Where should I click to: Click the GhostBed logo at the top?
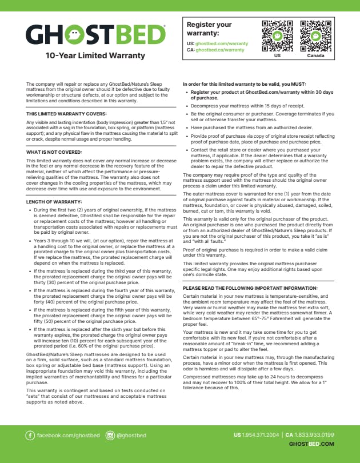point(95,35)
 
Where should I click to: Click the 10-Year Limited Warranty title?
point(95,56)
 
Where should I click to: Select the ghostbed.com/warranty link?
point(222,43)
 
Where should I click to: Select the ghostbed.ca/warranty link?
point(220,50)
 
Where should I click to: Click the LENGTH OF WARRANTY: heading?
point(54,201)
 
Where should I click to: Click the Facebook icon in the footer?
point(30,436)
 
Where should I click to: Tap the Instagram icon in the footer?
point(110,436)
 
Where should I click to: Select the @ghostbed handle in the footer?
point(131,436)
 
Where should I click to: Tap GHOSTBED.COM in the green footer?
point(311,444)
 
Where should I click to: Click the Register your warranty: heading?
point(209,29)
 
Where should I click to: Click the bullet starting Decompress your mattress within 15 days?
point(239,106)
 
